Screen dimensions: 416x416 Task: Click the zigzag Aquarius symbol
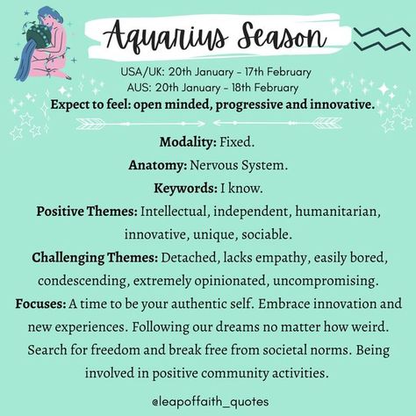point(382,39)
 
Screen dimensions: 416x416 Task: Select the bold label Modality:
point(188,142)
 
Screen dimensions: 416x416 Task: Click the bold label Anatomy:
point(158,165)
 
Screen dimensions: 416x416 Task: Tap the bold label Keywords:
point(186,188)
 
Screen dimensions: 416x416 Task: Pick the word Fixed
point(237,142)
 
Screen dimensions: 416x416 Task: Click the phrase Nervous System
point(239,166)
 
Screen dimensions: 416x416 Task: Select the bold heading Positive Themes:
point(87,212)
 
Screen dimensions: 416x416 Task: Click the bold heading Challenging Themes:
point(95,258)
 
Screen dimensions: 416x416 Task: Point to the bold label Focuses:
point(40,304)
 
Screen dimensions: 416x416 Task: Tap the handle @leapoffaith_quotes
point(210,401)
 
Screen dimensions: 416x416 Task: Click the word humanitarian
point(338,212)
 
